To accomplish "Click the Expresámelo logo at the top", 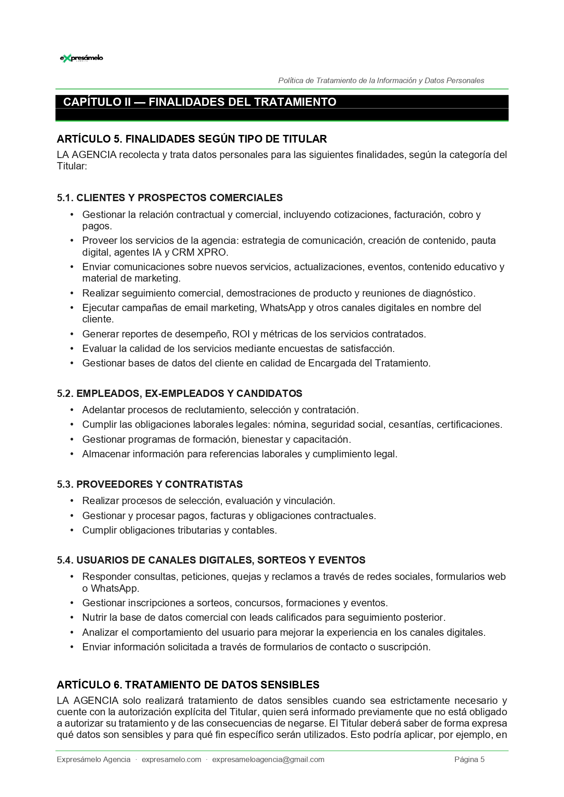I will click(81, 58).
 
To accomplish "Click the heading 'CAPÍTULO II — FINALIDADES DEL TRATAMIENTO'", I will click(200, 102).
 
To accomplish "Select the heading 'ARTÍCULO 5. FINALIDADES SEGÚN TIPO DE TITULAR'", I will click(192, 139).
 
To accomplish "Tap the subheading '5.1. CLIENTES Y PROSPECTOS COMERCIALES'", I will click(170, 198).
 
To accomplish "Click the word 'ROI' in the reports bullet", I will click(241, 334).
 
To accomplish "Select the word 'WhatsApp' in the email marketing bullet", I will click(283, 308).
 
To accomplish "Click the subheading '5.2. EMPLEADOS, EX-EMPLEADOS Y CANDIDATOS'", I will click(180, 394).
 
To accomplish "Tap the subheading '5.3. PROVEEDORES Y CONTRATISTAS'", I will click(150, 485).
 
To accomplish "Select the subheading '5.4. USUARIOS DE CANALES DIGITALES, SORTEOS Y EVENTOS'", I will click(211, 560).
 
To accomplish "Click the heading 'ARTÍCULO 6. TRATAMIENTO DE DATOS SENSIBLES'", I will click(188, 685).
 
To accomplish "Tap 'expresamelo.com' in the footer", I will click(171, 760).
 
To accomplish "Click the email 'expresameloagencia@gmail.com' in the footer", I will click(268, 760).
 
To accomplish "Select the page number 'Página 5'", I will click(469, 760).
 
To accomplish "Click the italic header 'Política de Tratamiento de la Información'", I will click(381, 81).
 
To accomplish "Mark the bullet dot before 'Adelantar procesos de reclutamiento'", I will click(72, 410).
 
